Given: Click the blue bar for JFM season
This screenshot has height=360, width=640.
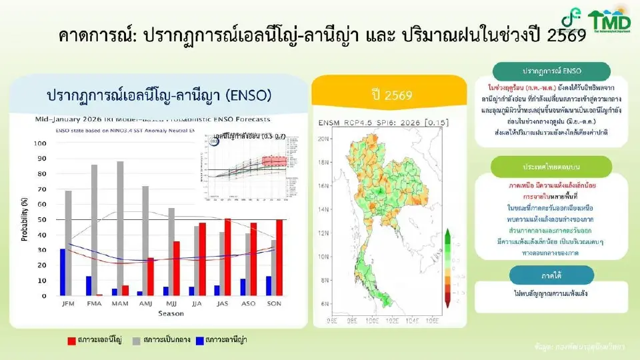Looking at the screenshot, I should (63, 272).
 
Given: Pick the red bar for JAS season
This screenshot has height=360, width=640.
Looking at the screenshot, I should (228, 257).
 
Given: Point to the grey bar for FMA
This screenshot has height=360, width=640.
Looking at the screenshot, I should (95, 229).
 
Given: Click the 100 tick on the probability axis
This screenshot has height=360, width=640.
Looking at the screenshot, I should (41, 143).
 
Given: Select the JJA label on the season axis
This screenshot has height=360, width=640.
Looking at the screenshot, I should (199, 304).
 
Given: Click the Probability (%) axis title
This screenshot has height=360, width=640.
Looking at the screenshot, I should (25, 219).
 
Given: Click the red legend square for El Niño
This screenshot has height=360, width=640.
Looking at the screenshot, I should (71, 341).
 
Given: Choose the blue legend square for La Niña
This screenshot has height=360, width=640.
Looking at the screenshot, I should (198, 341).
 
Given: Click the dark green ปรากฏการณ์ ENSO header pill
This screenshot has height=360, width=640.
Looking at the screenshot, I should (551, 71).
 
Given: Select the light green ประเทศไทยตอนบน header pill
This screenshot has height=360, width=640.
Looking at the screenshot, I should (551, 165).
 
